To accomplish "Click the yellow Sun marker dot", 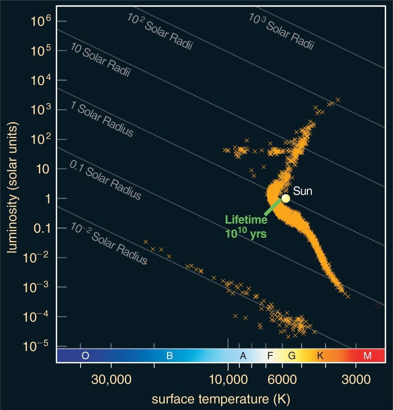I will coord(286,198).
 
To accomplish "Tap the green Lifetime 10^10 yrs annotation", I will coord(246,227).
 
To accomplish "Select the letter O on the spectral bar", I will coord(85,356).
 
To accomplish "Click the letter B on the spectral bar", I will coord(170,356).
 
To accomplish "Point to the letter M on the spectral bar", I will coord(367,356).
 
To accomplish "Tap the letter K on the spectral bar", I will coord(320,356).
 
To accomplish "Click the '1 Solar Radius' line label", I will coord(102,119).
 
